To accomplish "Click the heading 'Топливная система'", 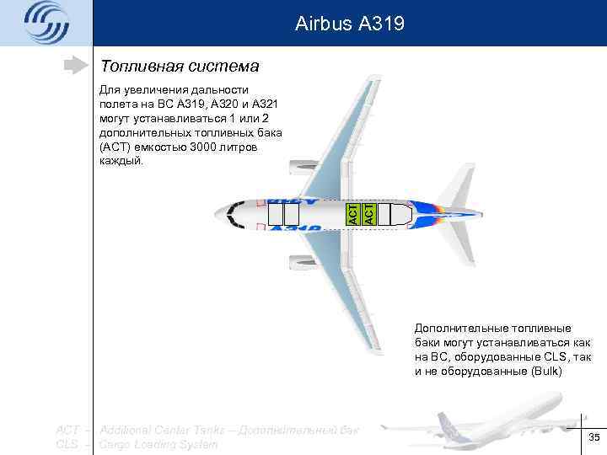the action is (x=180, y=66).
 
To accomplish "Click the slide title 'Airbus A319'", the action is (x=350, y=24).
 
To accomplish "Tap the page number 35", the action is (x=594, y=436).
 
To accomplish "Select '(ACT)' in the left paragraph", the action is (x=114, y=147).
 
